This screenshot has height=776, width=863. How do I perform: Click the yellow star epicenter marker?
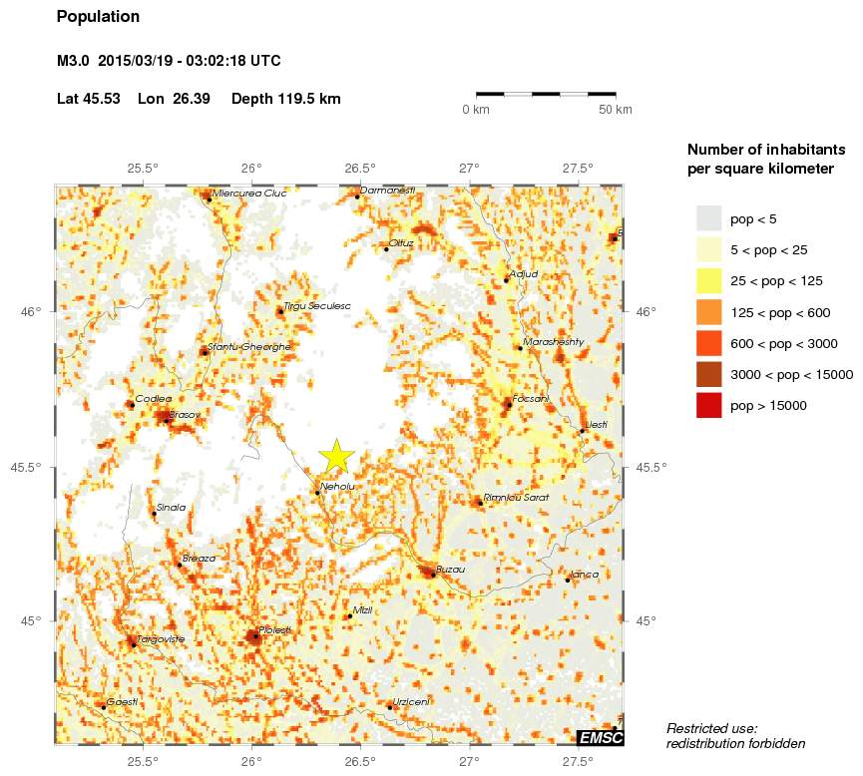(337, 456)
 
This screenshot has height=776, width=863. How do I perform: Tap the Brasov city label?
(186, 414)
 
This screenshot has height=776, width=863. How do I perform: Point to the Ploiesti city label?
(274, 629)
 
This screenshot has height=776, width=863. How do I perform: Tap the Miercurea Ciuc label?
(249, 194)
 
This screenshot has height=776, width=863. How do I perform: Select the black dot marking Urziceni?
(389, 707)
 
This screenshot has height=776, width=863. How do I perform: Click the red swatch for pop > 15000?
(708, 406)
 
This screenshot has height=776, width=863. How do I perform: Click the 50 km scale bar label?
(615, 109)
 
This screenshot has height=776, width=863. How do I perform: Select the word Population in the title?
(99, 17)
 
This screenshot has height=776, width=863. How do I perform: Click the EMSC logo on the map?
(601, 737)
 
